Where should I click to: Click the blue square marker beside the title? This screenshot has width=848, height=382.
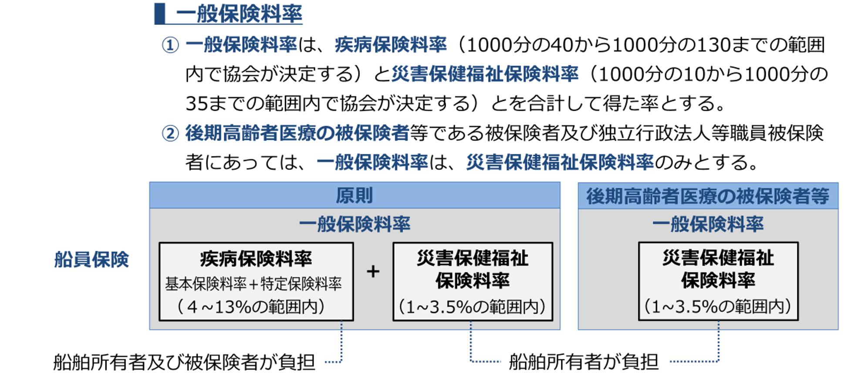coord(160,14)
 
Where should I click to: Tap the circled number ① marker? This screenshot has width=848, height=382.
coord(170,45)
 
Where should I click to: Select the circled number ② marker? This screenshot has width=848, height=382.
coord(170,133)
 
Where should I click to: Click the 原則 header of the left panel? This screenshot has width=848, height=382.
coord(354,196)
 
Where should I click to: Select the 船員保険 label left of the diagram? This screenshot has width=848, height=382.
coord(91,260)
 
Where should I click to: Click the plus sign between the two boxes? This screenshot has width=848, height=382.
coord(373,272)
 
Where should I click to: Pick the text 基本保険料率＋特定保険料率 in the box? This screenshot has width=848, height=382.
coord(253,284)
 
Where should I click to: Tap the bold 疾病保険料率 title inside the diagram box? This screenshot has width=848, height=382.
coord(256,259)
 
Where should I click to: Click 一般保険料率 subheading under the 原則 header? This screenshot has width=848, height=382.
coord(354,224)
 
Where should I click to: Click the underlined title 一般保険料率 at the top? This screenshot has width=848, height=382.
coord(239,14)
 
